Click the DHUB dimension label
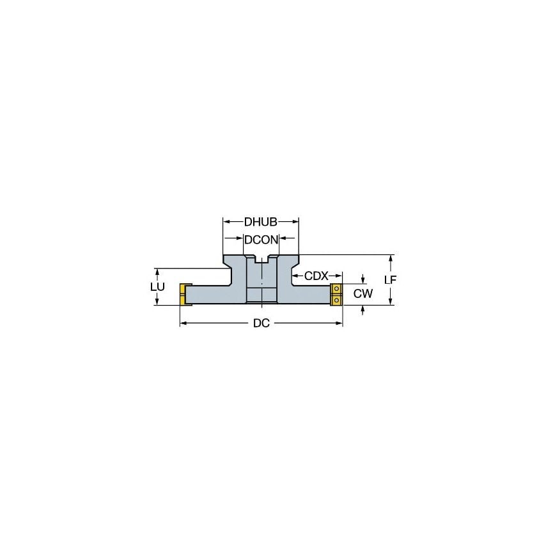(260, 222)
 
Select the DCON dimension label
(260, 240)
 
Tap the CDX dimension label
(316, 276)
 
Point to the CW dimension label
(363, 293)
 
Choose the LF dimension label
(391, 280)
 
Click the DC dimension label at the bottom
(261, 324)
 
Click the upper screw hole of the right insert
(336, 289)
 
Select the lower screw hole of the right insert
(336, 299)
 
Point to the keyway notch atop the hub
(261, 259)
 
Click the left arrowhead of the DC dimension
(182, 324)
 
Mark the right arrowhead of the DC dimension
(339, 324)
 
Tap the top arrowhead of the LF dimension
(391, 258)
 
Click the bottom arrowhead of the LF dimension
(391, 302)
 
